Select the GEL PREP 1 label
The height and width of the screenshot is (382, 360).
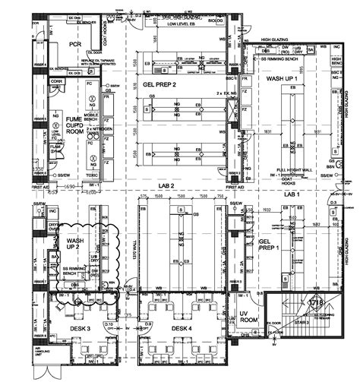pos(270,242)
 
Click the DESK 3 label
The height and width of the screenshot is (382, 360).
pos(80,327)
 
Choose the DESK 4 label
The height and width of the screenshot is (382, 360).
pos(181,327)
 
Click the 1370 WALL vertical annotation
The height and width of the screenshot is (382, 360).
pos(136,245)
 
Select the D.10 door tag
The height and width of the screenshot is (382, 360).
pos(109,326)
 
